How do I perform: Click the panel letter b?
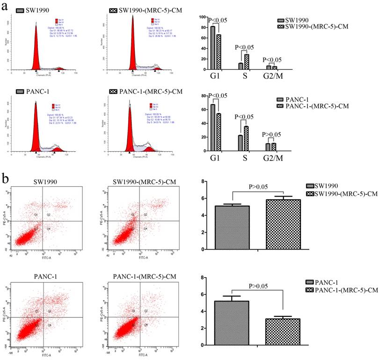click(x=6, y=179)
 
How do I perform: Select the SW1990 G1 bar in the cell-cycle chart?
click(x=213, y=48)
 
